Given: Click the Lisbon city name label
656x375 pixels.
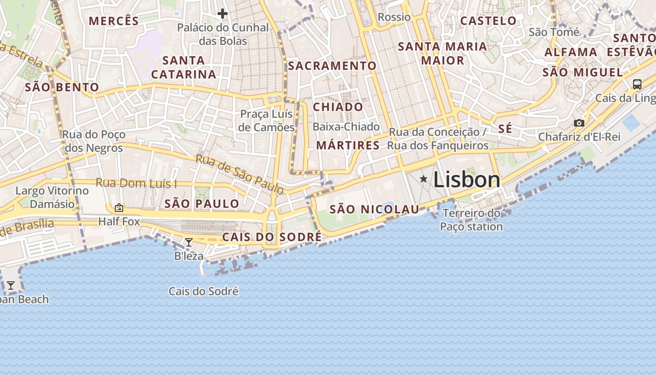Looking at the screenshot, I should click(x=467, y=180).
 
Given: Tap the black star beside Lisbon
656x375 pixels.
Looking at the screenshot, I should click(x=424, y=179).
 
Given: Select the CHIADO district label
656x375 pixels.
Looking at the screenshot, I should click(x=338, y=107).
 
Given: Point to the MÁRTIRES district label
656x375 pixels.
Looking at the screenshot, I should click(x=348, y=145).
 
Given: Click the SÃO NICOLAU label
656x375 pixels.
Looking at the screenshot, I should click(x=374, y=210).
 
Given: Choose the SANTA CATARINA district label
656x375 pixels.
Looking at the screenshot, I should click(x=183, y=67).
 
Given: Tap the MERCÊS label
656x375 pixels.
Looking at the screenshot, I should click(x=114, y=21).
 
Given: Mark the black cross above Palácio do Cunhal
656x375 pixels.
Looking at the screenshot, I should click(x=223, y=14).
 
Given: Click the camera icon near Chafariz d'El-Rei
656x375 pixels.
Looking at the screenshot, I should click(x=579, y=123).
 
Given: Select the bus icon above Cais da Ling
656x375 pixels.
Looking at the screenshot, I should click(x=637, y=84).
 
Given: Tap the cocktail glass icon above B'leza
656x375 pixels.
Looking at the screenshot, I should click(x=189, y=242).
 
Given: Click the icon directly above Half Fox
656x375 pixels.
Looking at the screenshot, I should click(x=119, y=208).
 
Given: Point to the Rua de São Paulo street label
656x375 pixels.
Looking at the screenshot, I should click(x=239, y=174).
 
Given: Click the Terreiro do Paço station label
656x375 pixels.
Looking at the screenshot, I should click(x=471, y=220).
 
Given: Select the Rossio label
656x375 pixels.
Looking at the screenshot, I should click(x=394, y=17).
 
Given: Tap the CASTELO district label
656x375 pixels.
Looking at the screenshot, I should click(x=488, y=21).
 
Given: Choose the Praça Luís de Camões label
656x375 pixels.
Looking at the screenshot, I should click(x=266, y=120).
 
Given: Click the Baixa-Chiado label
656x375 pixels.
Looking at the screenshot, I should click(x=346, y=127).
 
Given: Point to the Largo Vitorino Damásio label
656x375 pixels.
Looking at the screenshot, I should click(x=52, y=197).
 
